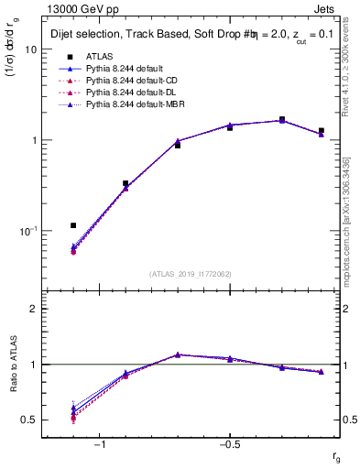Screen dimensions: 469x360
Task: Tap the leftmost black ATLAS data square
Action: (73, 225)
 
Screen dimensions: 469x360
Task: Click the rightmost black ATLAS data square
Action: (321, 131)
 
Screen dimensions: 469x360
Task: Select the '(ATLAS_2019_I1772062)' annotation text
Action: (191, 274)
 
